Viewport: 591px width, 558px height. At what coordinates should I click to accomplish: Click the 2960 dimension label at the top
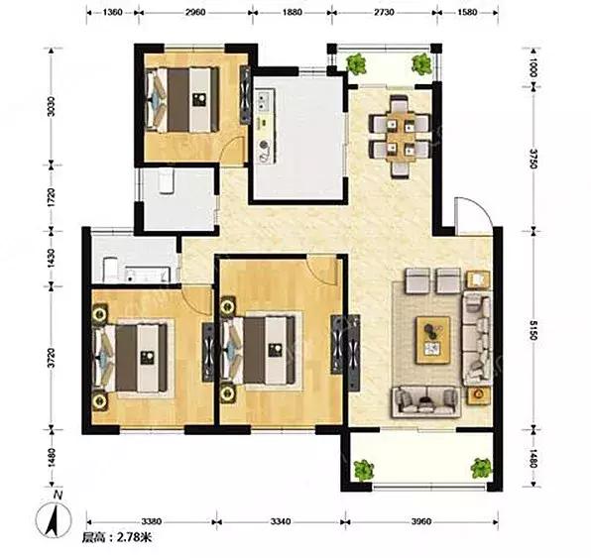point(195,12)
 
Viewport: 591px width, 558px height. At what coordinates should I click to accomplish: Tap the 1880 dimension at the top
point(293,12)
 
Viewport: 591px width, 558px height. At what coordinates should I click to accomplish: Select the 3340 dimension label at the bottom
point(281,521)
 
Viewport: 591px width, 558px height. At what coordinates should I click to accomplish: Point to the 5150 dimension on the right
point(532,330)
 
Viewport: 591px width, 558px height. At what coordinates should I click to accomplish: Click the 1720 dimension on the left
point(52,196)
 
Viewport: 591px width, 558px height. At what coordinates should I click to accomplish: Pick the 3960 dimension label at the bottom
point(421,521)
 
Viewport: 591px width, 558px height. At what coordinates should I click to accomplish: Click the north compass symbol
point(54,517)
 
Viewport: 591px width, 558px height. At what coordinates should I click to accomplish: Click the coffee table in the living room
point(433,340)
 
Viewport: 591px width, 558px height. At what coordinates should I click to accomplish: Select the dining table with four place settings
point(401,137)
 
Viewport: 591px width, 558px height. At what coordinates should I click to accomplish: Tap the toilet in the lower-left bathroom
point(110,269)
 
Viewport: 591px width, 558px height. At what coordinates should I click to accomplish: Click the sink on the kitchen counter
point(264,99)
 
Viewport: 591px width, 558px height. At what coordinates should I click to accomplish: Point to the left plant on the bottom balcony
point(364,470)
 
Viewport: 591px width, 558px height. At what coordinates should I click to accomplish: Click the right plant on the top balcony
point(421,63)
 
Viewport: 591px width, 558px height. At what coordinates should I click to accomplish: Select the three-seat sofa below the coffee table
point(426,402)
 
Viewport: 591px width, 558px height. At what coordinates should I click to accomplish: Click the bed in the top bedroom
point(182,99)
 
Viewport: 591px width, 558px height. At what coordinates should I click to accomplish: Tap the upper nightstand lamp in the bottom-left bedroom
point(100,313)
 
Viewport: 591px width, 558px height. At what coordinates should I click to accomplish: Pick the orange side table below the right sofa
point(478,395)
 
